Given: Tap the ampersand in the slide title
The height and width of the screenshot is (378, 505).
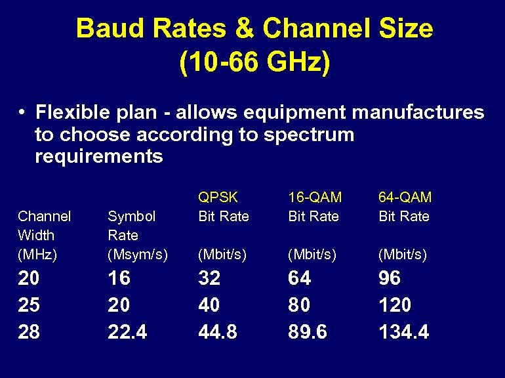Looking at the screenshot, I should pyautogui.click(x=249, y=29).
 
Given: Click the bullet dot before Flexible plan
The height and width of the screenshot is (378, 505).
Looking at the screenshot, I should pyautogui.click(x=22, y=112).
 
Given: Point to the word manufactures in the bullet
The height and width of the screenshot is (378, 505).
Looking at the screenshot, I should pyautogui.click(x=418, y=112).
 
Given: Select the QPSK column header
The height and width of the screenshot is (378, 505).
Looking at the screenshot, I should pyautogui.click(x=218, y=197).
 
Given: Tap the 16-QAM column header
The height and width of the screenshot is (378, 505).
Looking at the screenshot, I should pyautogui.click(x=315, y=197).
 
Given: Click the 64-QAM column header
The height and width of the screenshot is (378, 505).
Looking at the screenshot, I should pyautogui.click(x=405, y=197).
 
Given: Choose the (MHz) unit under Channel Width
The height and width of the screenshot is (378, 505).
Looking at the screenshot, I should pyautogui.click(x=36, y=254).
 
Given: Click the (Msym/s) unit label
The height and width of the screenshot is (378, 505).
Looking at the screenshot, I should pyautogui.click(x=138, y=254).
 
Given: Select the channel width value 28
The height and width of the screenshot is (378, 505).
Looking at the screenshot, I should pyautogui.click(x=28, y=332).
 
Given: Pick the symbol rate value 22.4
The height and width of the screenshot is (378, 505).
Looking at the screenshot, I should pyautogui.click(x=127, y=332).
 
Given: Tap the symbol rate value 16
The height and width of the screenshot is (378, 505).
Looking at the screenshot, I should pyautogui.click(x=119, y=278).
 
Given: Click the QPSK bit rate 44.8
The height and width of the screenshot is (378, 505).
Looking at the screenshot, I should pyautogui.click(x=218, y=332).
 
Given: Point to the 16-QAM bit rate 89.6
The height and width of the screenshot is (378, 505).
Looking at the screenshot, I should pyautogui.click(x=308, y=332).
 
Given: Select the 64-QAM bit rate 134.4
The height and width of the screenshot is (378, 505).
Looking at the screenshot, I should pyautogui.click(x=403, y=332).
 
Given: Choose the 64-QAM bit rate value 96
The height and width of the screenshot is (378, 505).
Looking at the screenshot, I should pyautogui.click(x=390, y=278).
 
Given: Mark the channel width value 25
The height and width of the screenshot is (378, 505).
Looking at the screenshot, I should pyautogui.click(x=28, y=305).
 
